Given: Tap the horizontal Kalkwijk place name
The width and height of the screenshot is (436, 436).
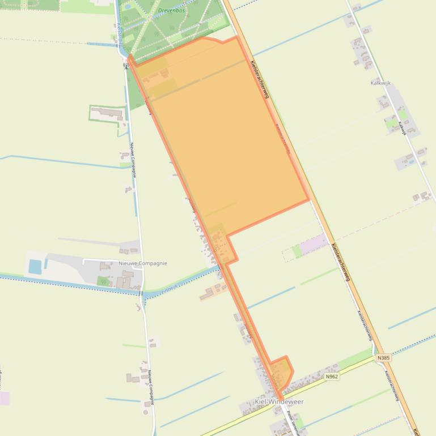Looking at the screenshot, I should click(x=380, y=83).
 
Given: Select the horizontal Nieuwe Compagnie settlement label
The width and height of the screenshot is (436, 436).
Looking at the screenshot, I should click(x=143, y=263).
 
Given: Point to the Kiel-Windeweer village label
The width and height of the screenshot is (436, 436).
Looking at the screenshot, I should click(x=279, y=402).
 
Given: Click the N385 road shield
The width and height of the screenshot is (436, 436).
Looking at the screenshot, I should click(x=383, y=358).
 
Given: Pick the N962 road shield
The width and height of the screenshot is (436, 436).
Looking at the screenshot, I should click(x=332, y=377).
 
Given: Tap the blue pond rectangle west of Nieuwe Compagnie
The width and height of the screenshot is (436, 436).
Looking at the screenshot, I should click(x=35, y=266).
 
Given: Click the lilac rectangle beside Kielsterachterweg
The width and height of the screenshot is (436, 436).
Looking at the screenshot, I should click(x=313, y=245).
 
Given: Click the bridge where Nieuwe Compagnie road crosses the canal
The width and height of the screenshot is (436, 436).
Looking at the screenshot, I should click(x=140, y=292).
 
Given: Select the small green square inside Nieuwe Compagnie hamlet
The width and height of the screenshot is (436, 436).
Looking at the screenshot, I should click(x=103, y=281).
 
